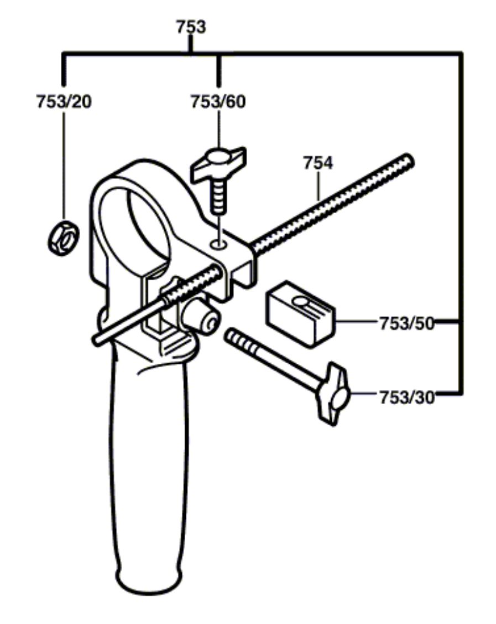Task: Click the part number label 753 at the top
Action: click(191, 27)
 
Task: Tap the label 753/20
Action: click(64, 101)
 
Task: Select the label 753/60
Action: click(218, 101)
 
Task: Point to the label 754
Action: click(318, 163)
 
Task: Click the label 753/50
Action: click(406, 323)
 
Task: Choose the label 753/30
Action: click(406, 397)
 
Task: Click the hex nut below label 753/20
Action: click(64, 238)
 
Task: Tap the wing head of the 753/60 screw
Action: click(219, 163)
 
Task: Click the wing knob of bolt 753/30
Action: click(333, 394)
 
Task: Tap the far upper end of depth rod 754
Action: click(408, 160)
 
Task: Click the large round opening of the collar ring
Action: click(134, 225)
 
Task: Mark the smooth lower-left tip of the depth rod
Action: click(98, 339)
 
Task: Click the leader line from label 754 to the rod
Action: click(318, 185)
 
